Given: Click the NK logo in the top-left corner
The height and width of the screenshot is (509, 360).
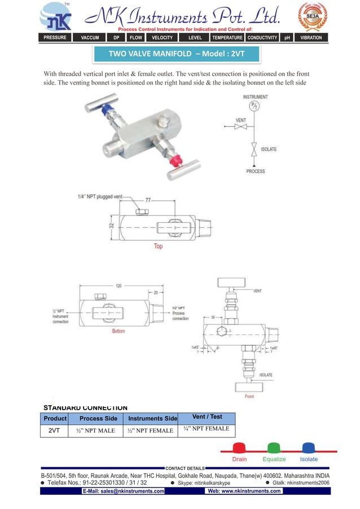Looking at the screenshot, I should (x=55, y=17).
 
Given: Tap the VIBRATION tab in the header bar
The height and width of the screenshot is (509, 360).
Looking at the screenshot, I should (x=311, y=38).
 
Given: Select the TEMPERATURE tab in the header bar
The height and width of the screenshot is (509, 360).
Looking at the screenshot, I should (x=227, y=38).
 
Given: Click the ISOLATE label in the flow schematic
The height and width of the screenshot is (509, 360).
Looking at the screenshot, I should (x=269, y=150).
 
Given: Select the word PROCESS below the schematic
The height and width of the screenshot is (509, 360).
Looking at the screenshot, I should (x=256, y=171).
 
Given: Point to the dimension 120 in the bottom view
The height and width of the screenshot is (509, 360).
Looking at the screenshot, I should (x=118, y=286).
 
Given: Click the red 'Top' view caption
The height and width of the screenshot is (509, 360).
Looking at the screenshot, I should (x=159, y=246).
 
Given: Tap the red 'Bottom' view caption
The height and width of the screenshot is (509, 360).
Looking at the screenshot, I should (x=118, y=331).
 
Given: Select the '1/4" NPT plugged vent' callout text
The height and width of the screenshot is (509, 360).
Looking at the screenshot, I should (x=100, y=196).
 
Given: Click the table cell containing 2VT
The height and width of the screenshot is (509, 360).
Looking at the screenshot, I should (x=55, y=430).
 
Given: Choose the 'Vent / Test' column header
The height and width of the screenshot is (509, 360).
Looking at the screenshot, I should (x=207, y=417).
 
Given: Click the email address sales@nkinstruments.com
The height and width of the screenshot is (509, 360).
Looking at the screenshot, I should (x=124, y=491).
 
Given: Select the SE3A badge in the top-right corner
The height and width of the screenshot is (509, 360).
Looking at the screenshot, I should (x=312, y=16).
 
